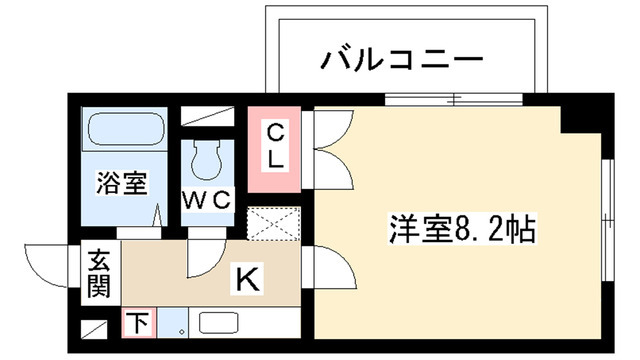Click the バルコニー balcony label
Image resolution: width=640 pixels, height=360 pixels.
coord(402,61)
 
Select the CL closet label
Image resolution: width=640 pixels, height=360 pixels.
coord(274,146)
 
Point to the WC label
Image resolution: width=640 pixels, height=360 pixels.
coord(207,198)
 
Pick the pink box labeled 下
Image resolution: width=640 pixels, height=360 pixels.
coord(138,323)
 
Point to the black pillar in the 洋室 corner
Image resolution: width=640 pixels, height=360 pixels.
coord(579,117)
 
